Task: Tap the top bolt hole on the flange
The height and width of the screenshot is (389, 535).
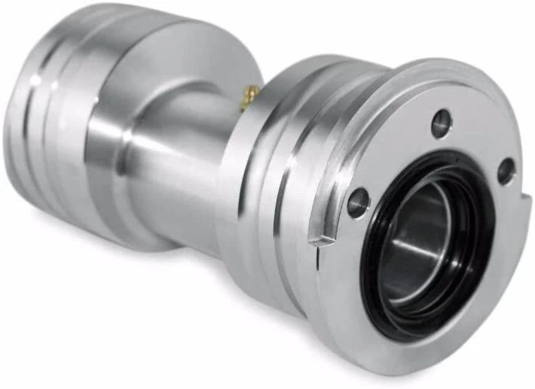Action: pyautogui.click(x=442, y=122)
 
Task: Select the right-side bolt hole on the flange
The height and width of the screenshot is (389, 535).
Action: pyautogui.click(x=506, y=171)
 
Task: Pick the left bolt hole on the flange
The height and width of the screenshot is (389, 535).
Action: pyautogui.click(x=359, y=202)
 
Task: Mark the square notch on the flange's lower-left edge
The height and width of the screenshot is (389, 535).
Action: pyautogui.click(x=322, y=240)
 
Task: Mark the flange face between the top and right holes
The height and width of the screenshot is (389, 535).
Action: pyautogui.click(x=482, y=136)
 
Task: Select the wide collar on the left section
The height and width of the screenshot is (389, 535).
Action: pyautogui.click(x=98, y=128)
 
